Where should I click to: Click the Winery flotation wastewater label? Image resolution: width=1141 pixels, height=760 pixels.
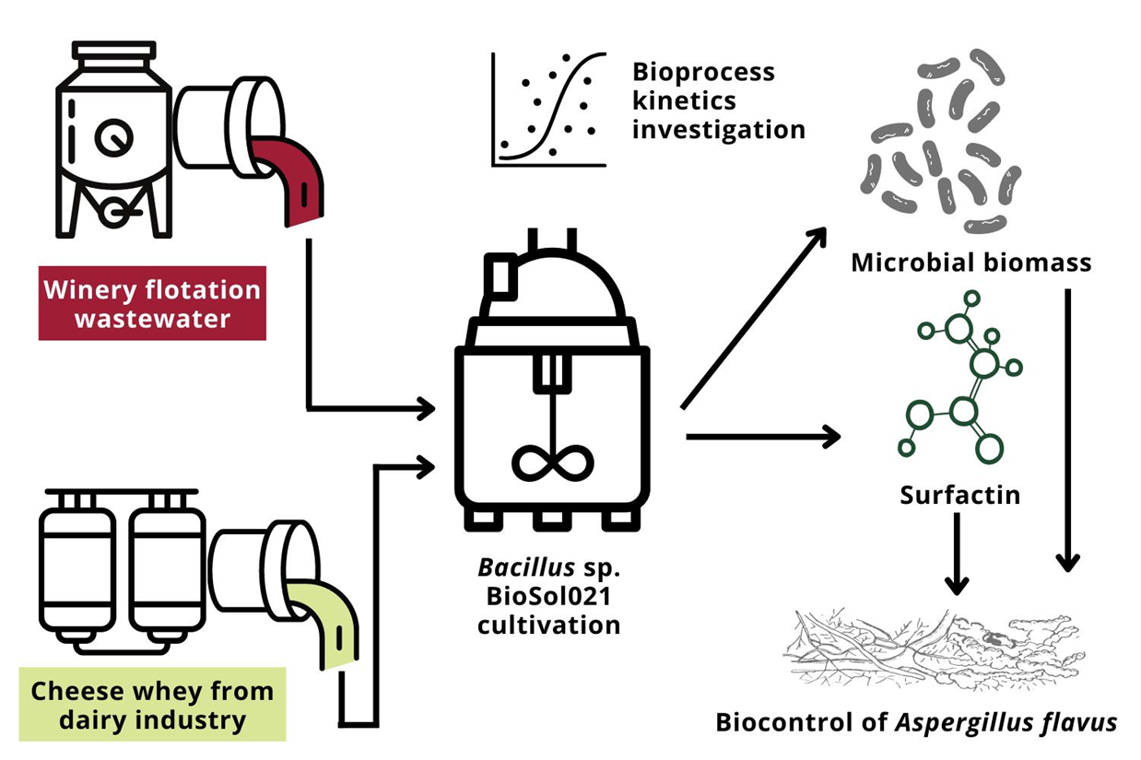coord(152,304)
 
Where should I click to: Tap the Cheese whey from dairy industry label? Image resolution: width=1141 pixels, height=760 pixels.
coord(152,706)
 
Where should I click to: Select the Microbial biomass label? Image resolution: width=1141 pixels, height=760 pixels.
coord(970,263)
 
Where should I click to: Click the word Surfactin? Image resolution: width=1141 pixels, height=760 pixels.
coord(959,495)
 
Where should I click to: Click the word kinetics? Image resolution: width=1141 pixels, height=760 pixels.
coord(684,99)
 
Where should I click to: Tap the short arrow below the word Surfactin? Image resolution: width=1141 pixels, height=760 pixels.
coord(958,553)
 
